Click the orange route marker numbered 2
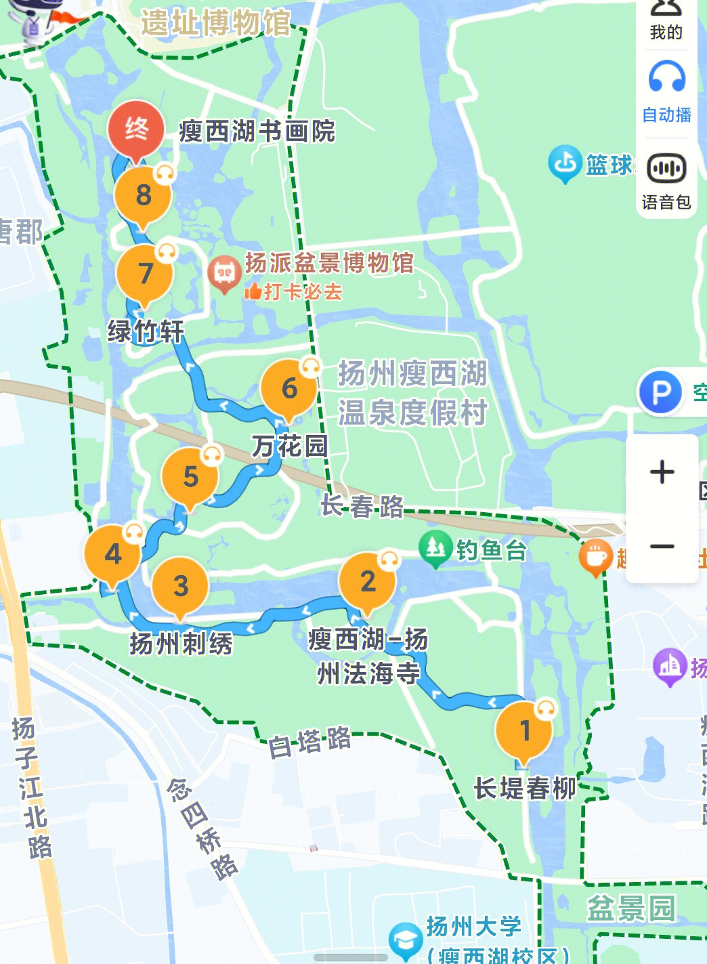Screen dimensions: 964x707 [x=368, y=581]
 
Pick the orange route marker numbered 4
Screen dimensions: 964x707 [x=113, y=554]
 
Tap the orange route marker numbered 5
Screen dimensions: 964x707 [x=190, y=477]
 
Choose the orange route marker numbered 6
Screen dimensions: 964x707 [x=289, y=389]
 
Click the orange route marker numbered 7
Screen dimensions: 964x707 [x=145, y=274]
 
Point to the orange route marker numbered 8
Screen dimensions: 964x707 [x=143, y=196]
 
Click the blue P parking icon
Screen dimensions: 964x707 [x=660, y=392]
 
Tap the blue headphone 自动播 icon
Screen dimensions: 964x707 [x=666, y=77]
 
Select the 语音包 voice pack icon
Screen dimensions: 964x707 [x=666, y=169]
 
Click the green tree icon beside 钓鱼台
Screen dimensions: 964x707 [x=435, y=547]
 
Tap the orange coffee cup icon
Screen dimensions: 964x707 [x=595, y=557]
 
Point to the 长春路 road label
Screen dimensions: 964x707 [x=362, y=506]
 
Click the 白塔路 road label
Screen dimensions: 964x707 [x=309, y=742]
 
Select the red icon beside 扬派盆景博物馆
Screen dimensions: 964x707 [x=224, y=273]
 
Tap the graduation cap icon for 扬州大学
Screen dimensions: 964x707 [x=406, y=940]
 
